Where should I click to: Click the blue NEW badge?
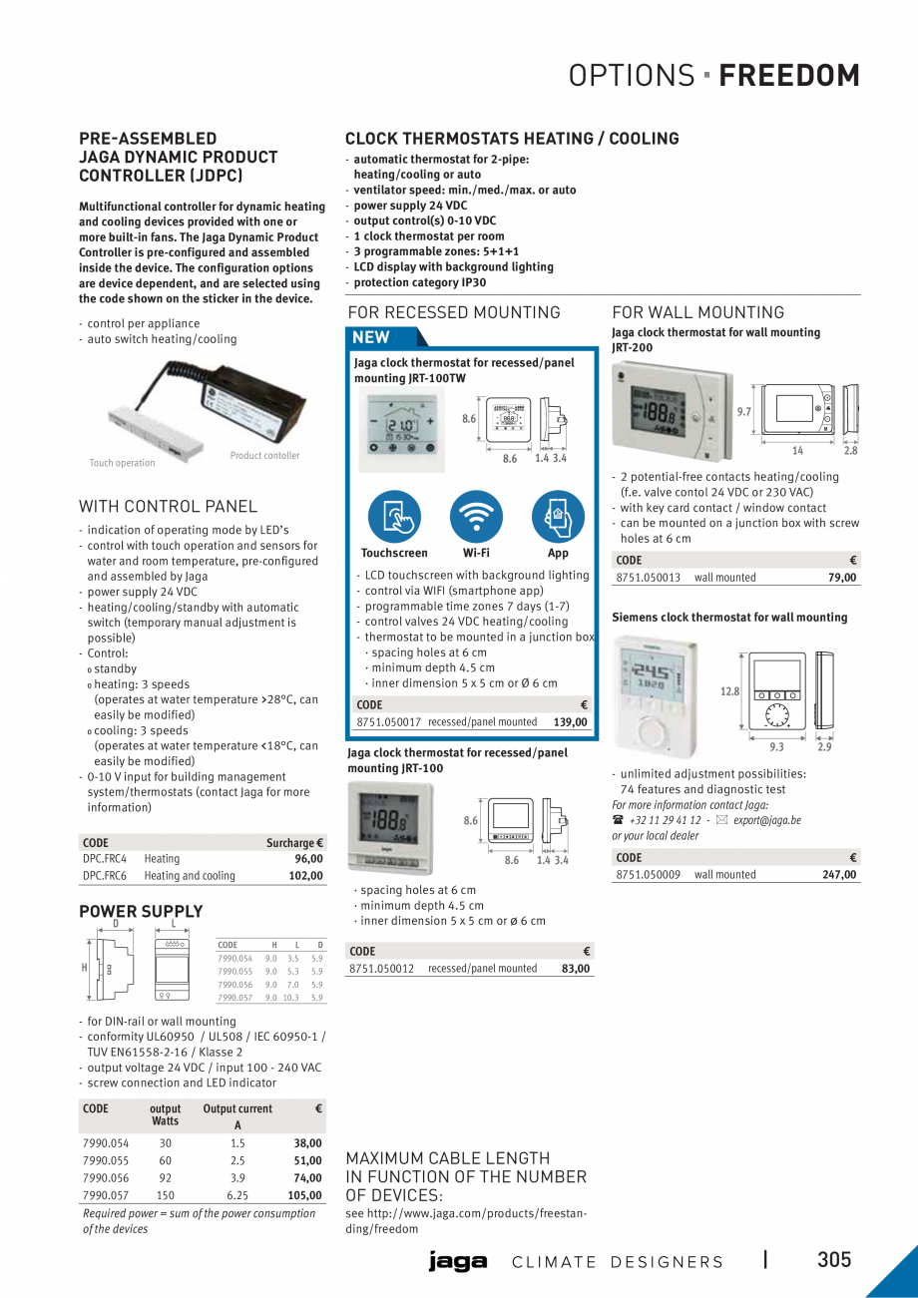pos(372,337)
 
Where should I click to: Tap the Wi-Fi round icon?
pos(476,516)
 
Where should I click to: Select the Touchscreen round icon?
pos(394,516)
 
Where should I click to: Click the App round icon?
pos(558,516)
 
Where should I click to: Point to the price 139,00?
pos(570,722)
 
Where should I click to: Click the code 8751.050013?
pos(649,578)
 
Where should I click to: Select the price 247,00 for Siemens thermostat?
pos(838,875)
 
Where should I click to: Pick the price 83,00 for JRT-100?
pos(574,969)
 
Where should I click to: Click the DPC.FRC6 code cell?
pos(105,876)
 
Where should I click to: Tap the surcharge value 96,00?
pos(308,858)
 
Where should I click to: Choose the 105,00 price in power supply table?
pos(304,1195)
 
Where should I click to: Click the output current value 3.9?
pos(237,1178)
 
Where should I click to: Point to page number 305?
pos(834,1260)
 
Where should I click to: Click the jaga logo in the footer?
pos(458,1262)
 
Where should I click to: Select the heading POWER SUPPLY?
pos(141,911)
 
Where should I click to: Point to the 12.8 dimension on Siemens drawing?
pos(728,691)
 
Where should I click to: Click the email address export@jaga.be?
pos(766,820)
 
